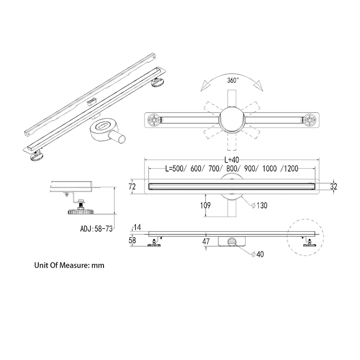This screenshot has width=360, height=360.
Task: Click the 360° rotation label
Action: pyautogui.click(x=233, y=81)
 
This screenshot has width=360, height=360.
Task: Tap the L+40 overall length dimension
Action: pyautogui.click(x=231, y=160)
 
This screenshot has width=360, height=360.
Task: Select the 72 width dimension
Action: pyautogui.click(x=132, y=186)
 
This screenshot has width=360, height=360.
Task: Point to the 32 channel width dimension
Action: pyautogui.click(x=333, y=186)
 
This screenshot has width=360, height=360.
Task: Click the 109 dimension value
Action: pyautogui.click(x=205, y=205)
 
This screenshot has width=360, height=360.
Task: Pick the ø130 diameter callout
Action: pyautogui.click(x=259, y=205)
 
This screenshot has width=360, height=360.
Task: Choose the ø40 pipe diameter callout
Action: pyautogui.click(x=257, y=254)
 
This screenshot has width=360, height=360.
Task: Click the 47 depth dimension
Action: pyautogui.click(x=206, y=241)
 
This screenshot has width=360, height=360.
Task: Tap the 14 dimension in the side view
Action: pyautogui.click(x=137, y=227)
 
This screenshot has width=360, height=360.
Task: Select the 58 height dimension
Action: pyautogui.click(x=132, y=240)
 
